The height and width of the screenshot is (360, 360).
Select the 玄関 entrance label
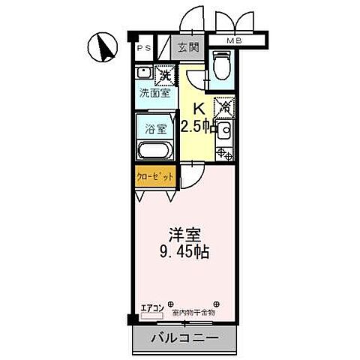tap(188, 48)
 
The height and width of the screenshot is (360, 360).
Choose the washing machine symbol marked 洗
tap(163, 74)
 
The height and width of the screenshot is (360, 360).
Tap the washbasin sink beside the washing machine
tap(144, 76)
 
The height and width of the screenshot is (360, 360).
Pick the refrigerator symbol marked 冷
tap(223, 107)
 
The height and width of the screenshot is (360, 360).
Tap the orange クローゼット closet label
tap(155, 177)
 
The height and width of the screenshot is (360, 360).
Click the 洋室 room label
tap(184, 233)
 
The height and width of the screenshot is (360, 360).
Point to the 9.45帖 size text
tap(184, 251)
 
